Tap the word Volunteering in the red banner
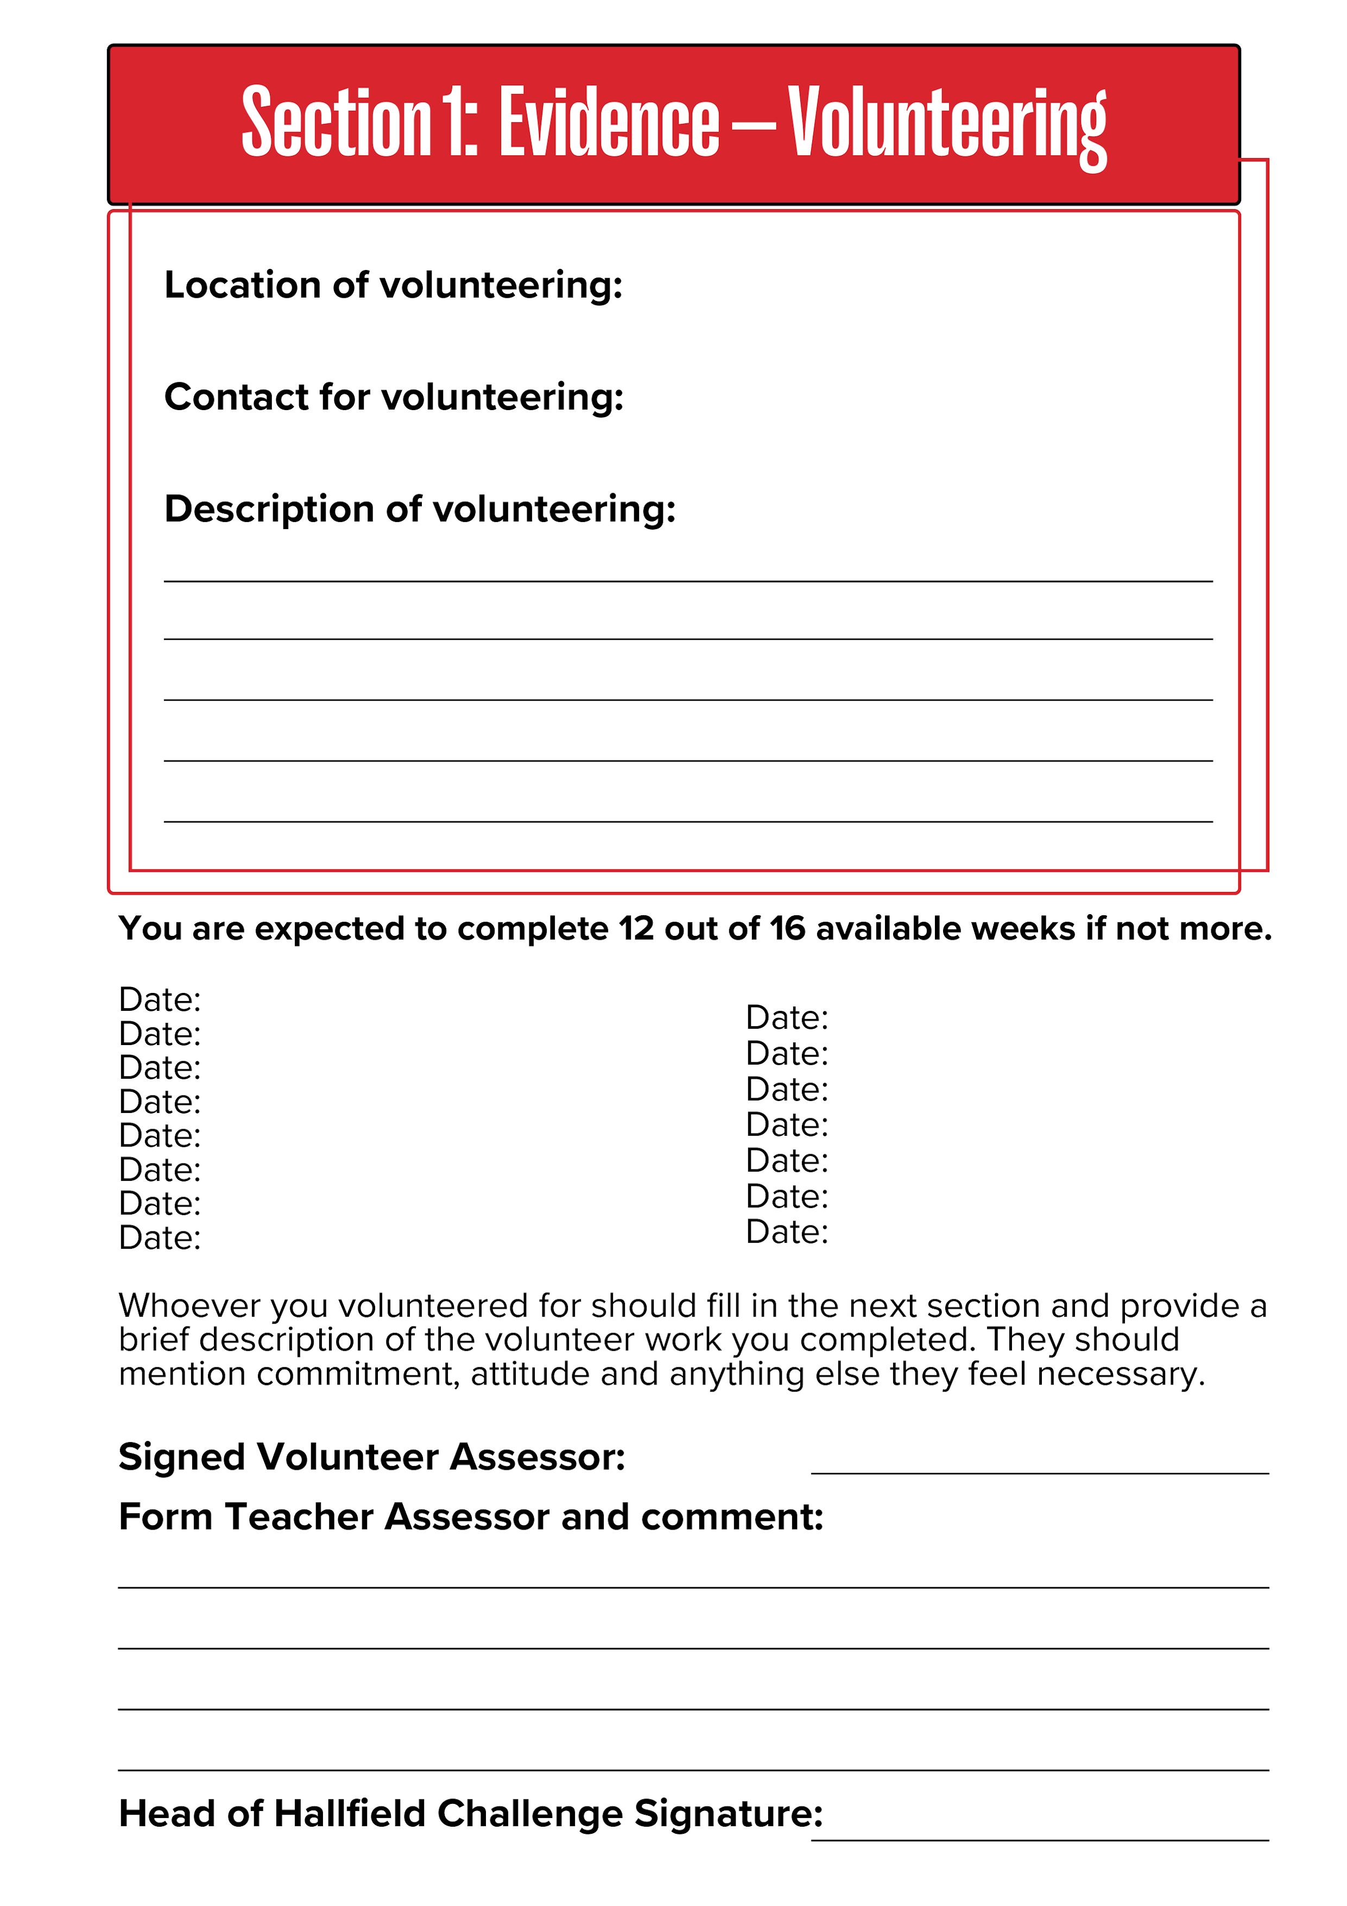coord(947,124)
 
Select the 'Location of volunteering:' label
coord(394,285)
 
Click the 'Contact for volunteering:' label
coord(394,397)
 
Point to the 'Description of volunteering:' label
coord(420,509)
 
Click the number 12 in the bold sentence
coord(636,929)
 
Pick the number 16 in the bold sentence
coord(787,929)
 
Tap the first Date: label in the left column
coord(160,999)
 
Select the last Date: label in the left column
coord(160,1238)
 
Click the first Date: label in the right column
coord(787,1018)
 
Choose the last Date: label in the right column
coord(787,1232)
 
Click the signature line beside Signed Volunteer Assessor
coord(1039,1472)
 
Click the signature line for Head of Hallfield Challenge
coord(1039,1840)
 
